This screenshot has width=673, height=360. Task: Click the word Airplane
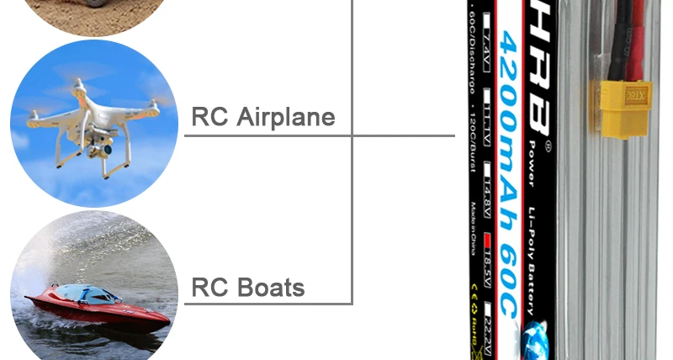click(x=286, y=116)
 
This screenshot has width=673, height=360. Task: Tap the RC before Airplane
click(x=209, y=116)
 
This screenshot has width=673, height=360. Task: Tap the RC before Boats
click(x=209, y=288)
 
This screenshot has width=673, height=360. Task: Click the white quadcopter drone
click(x=93, y=118)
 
